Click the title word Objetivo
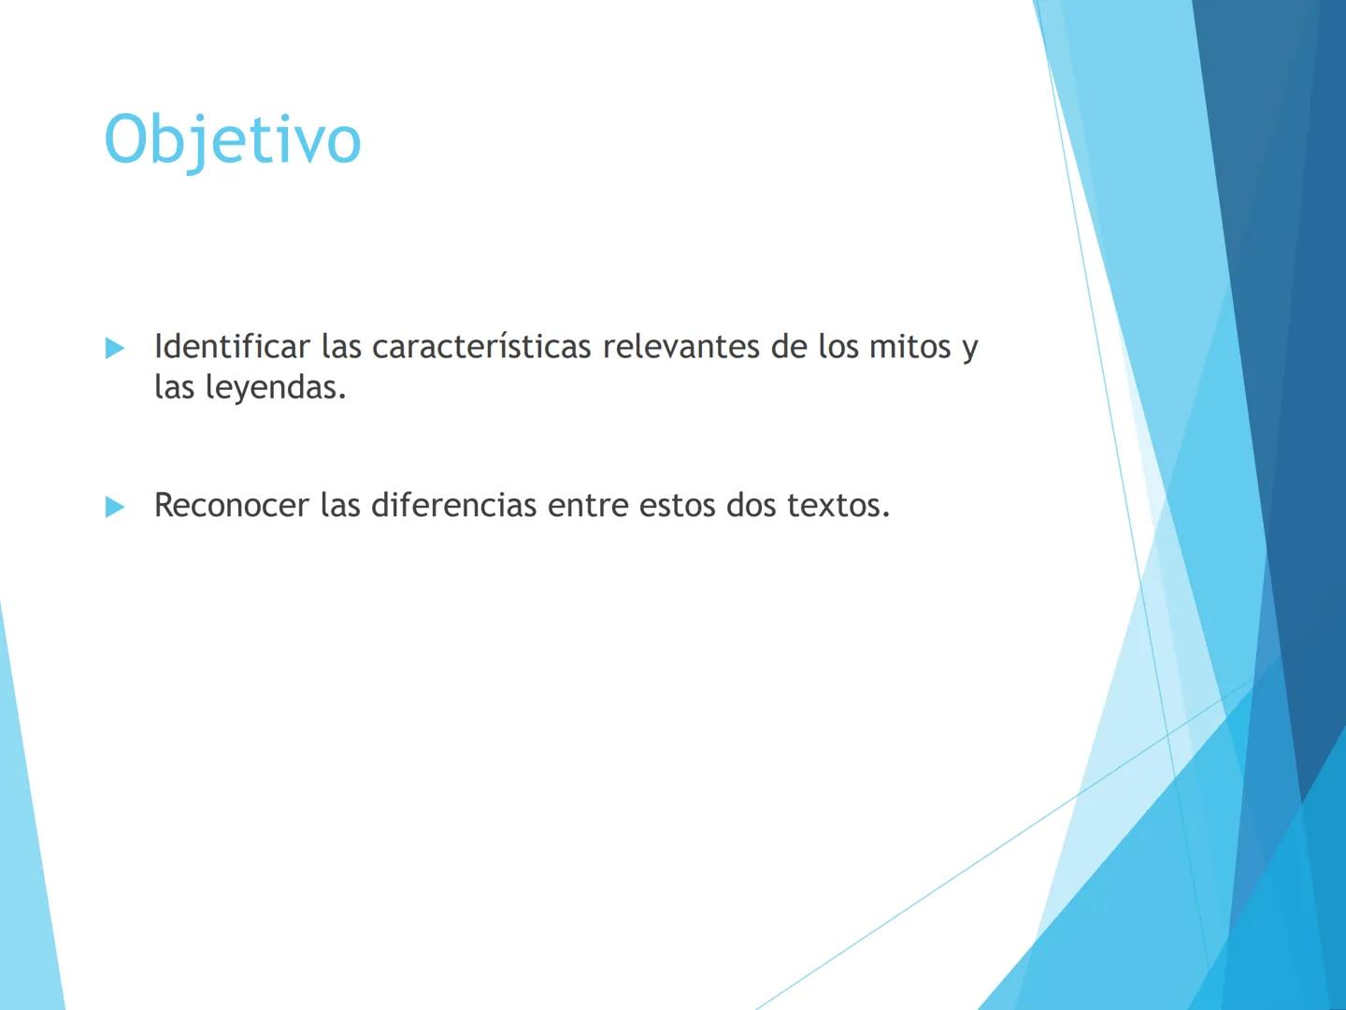[x=232, y=140]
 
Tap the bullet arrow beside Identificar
[x=115, y=348]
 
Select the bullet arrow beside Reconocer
[x=115, y=507]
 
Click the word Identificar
[x=232, y=347]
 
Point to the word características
[x=481, y=347]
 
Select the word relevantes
[x=680, y=347]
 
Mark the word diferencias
[x=453, y=506]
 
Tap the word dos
[x=752, y=506]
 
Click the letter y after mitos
[x=969, y=350]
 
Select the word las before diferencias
[x=340, y=506]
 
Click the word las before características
[x=341, y=347]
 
